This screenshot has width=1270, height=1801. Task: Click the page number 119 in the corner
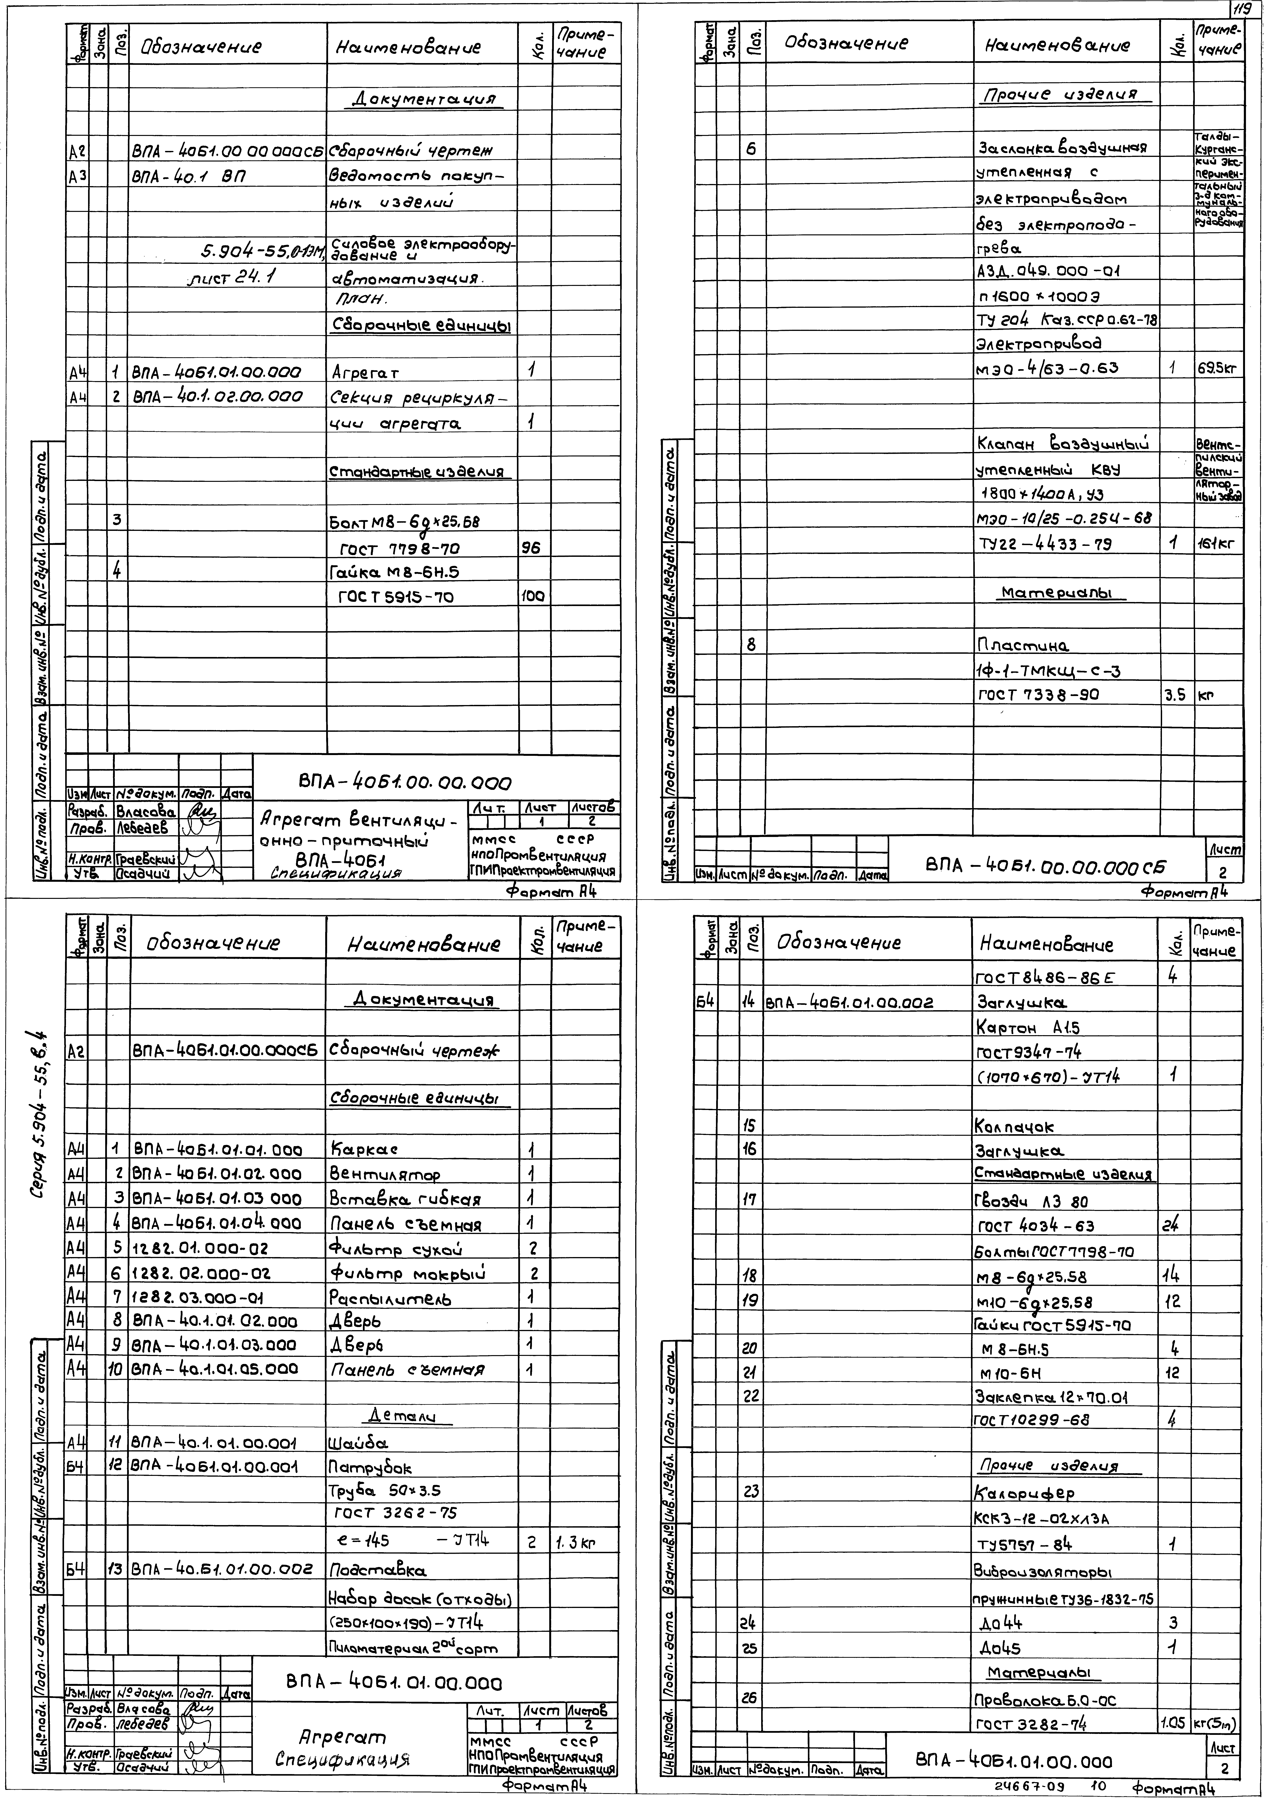[x=1241, y=10]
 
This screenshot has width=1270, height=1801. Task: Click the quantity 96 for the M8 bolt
[x=532, y=548]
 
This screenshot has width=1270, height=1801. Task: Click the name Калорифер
[x=1024, y=1493]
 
